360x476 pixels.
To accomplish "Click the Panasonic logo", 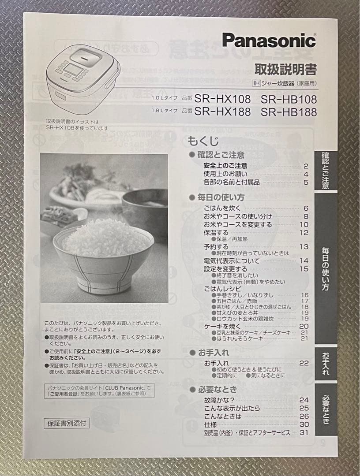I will (x=269, y=41).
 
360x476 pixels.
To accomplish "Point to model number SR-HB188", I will (x=289, y=112).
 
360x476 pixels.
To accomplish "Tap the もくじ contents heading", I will (x=203, y=141).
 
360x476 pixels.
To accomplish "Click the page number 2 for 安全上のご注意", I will (x=305, y=166).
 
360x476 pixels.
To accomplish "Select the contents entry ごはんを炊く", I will (x=221, y=208).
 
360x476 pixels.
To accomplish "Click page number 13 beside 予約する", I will (x=304, y=246).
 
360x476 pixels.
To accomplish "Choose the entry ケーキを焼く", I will (x=222, y=326).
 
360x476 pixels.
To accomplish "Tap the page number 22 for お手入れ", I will (x=304, y=363).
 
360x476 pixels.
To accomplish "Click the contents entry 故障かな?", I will (x=219, y=400).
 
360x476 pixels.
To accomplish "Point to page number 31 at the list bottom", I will (x=304, y=433).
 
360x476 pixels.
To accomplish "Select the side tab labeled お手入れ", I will (x=326, y=363).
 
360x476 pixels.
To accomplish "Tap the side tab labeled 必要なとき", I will (x=326, y=409).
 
